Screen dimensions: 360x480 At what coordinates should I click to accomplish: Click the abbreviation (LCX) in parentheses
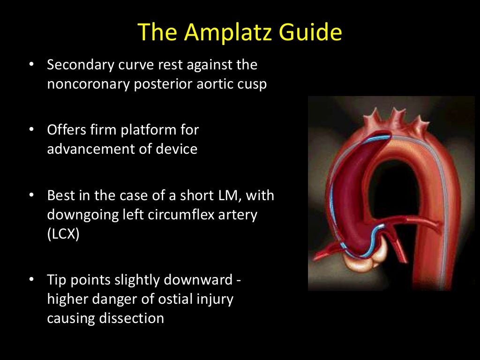(x=63, y=234)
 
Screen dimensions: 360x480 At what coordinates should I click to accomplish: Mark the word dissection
(x=132, y=319)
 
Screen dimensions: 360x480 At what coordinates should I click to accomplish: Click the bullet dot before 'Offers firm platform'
(x=32, y=129)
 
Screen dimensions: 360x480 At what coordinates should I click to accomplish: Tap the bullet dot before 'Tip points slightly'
(x=32, y=279)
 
